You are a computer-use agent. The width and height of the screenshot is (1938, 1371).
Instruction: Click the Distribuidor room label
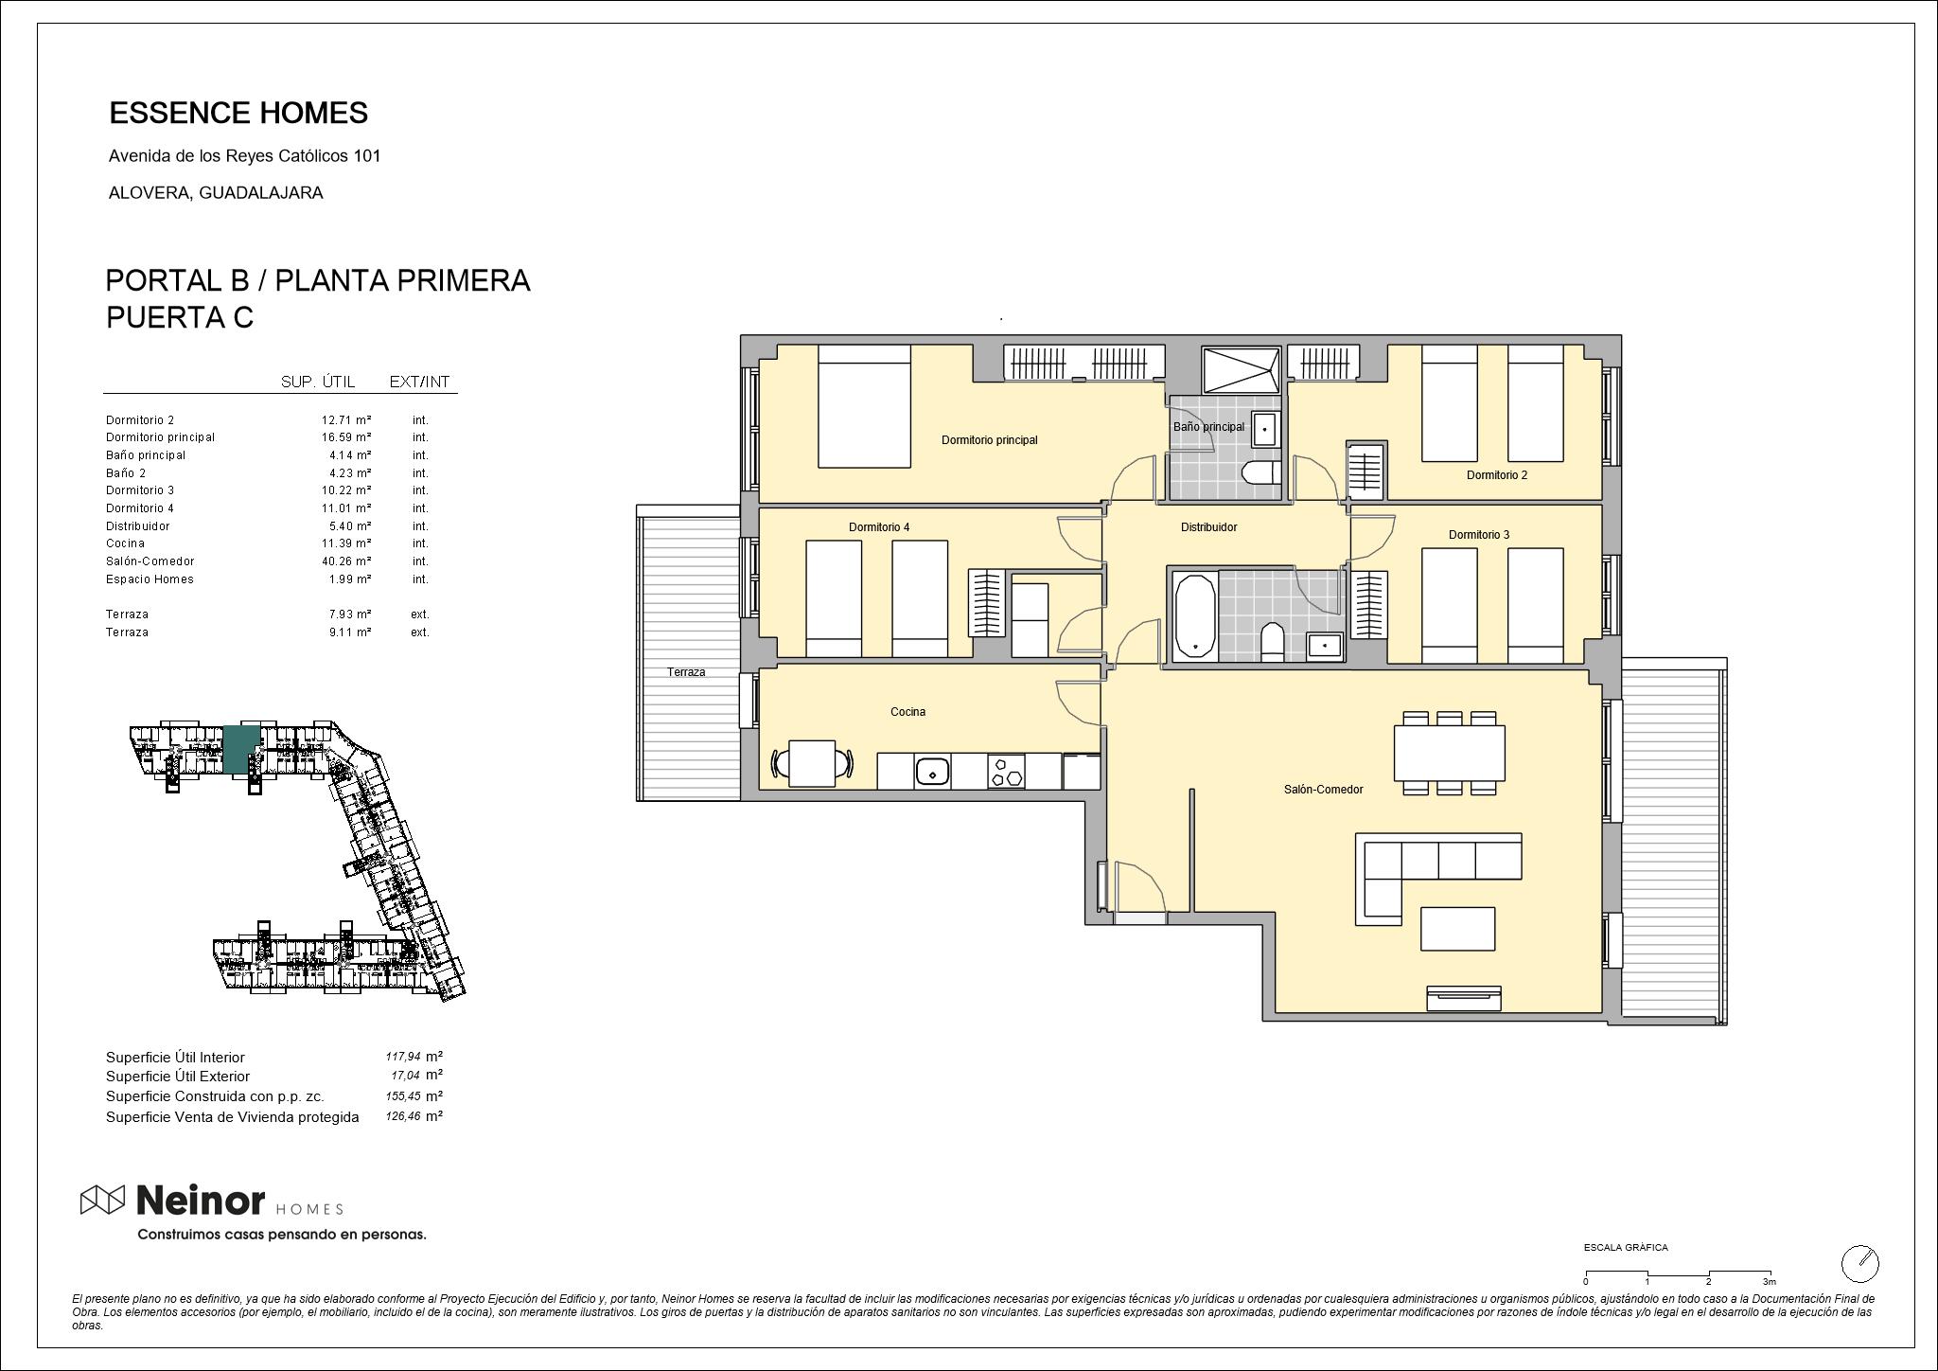[x=1208, y=527]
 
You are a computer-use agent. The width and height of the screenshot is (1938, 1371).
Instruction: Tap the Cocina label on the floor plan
[x=907, y=712]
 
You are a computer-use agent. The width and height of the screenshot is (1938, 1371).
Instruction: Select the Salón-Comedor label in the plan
[x=1323, y=790]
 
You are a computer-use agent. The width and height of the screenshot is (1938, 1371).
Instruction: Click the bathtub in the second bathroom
[x=1195, y=615]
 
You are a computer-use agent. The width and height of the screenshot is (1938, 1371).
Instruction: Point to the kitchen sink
[x=932, y=772]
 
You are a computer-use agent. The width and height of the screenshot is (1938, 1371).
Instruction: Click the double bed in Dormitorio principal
[x=864, y=405]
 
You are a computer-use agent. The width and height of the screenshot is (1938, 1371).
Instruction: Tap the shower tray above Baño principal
[x=1241, y=370]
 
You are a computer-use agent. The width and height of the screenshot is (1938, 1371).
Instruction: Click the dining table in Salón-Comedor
[x=1449, y=754]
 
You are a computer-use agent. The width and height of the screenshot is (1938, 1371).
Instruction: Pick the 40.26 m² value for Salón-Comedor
[x=345, y=561]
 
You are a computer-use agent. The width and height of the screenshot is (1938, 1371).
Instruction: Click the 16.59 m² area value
[x=345, y=437]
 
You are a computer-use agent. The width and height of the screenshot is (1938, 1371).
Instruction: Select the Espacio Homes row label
[x=150, y=579]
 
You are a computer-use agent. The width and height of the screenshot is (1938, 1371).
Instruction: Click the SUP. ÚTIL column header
[x=318, y=382]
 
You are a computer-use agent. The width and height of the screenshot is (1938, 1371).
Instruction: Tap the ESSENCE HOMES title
[x=238, y=113]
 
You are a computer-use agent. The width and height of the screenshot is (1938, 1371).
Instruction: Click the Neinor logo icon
[x=102, y=1200]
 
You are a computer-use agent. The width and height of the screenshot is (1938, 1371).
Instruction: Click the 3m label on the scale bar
[x=1769, y=1281]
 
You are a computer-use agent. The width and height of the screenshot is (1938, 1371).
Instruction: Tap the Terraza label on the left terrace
[x=686, y=672]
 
